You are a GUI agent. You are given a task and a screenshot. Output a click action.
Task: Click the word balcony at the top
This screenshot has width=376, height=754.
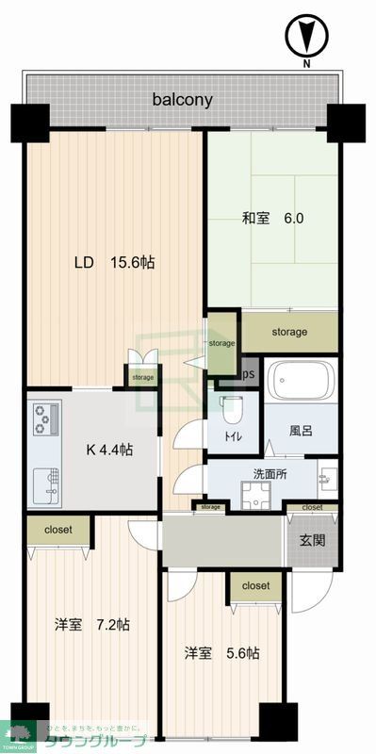pyautogui.click(x=184, y=98)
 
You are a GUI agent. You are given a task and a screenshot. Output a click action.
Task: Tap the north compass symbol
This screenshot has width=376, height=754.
pyautogui.click(x=305, y=39)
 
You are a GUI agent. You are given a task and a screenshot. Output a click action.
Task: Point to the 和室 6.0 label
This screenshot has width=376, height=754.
pyautogui.click(x=272, y=219)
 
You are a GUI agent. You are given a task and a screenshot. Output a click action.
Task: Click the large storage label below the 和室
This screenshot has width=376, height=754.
pyautogui.click(x=289, y=332)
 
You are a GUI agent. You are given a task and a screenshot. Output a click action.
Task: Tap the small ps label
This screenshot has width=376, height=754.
pyautogui.click(x=249, y=373)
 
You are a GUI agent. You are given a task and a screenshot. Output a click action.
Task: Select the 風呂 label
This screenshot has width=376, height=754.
pyautogui.click(x=301, y=431)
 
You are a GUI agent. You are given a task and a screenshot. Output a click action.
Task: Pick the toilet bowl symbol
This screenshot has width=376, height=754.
pyautogui.click(x=232, y=407)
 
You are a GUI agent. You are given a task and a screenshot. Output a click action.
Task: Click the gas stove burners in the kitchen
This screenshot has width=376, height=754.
pyautogui.click(x=45, y=418)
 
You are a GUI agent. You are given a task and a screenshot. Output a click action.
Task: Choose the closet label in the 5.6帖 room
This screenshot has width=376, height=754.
pyautogui.click(x=254, y=585)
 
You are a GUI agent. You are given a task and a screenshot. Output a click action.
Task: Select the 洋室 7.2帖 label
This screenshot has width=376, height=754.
pyautogui.click(x=91, y=624)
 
